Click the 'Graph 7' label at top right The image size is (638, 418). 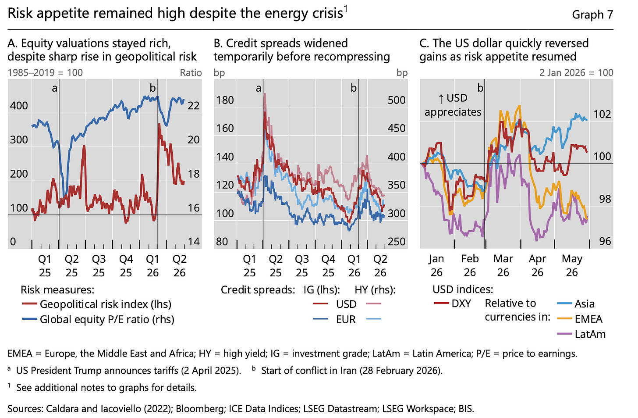(x=592, y=14)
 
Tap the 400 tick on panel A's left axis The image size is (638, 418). (x=19, y=106)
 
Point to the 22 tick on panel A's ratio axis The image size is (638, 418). (x=194, y=106)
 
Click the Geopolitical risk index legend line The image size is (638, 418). (x=30, y=304)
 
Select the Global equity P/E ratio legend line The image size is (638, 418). (x=30, y=319)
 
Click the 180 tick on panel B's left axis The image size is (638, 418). (x=225, y=100)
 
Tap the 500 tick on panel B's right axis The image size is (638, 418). (x=397, y=100)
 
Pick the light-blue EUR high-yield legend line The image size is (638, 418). (x=374, y=319)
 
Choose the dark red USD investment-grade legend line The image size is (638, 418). (x=320, y=304)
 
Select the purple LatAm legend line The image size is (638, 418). (x=564, y=334)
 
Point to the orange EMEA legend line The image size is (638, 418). (x=564, y=318)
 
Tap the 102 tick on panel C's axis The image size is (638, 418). (x=602, y=114)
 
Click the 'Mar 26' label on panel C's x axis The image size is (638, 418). (x=503, y=265)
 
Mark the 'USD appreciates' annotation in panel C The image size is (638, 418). (x=453, y=105)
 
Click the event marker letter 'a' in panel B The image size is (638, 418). (x=259, y=89)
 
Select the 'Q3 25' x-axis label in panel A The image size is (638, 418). (x=99, y=266)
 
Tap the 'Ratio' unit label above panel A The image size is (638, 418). (x=191, y=73)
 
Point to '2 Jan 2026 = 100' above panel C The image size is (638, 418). (x=576, y=73)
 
